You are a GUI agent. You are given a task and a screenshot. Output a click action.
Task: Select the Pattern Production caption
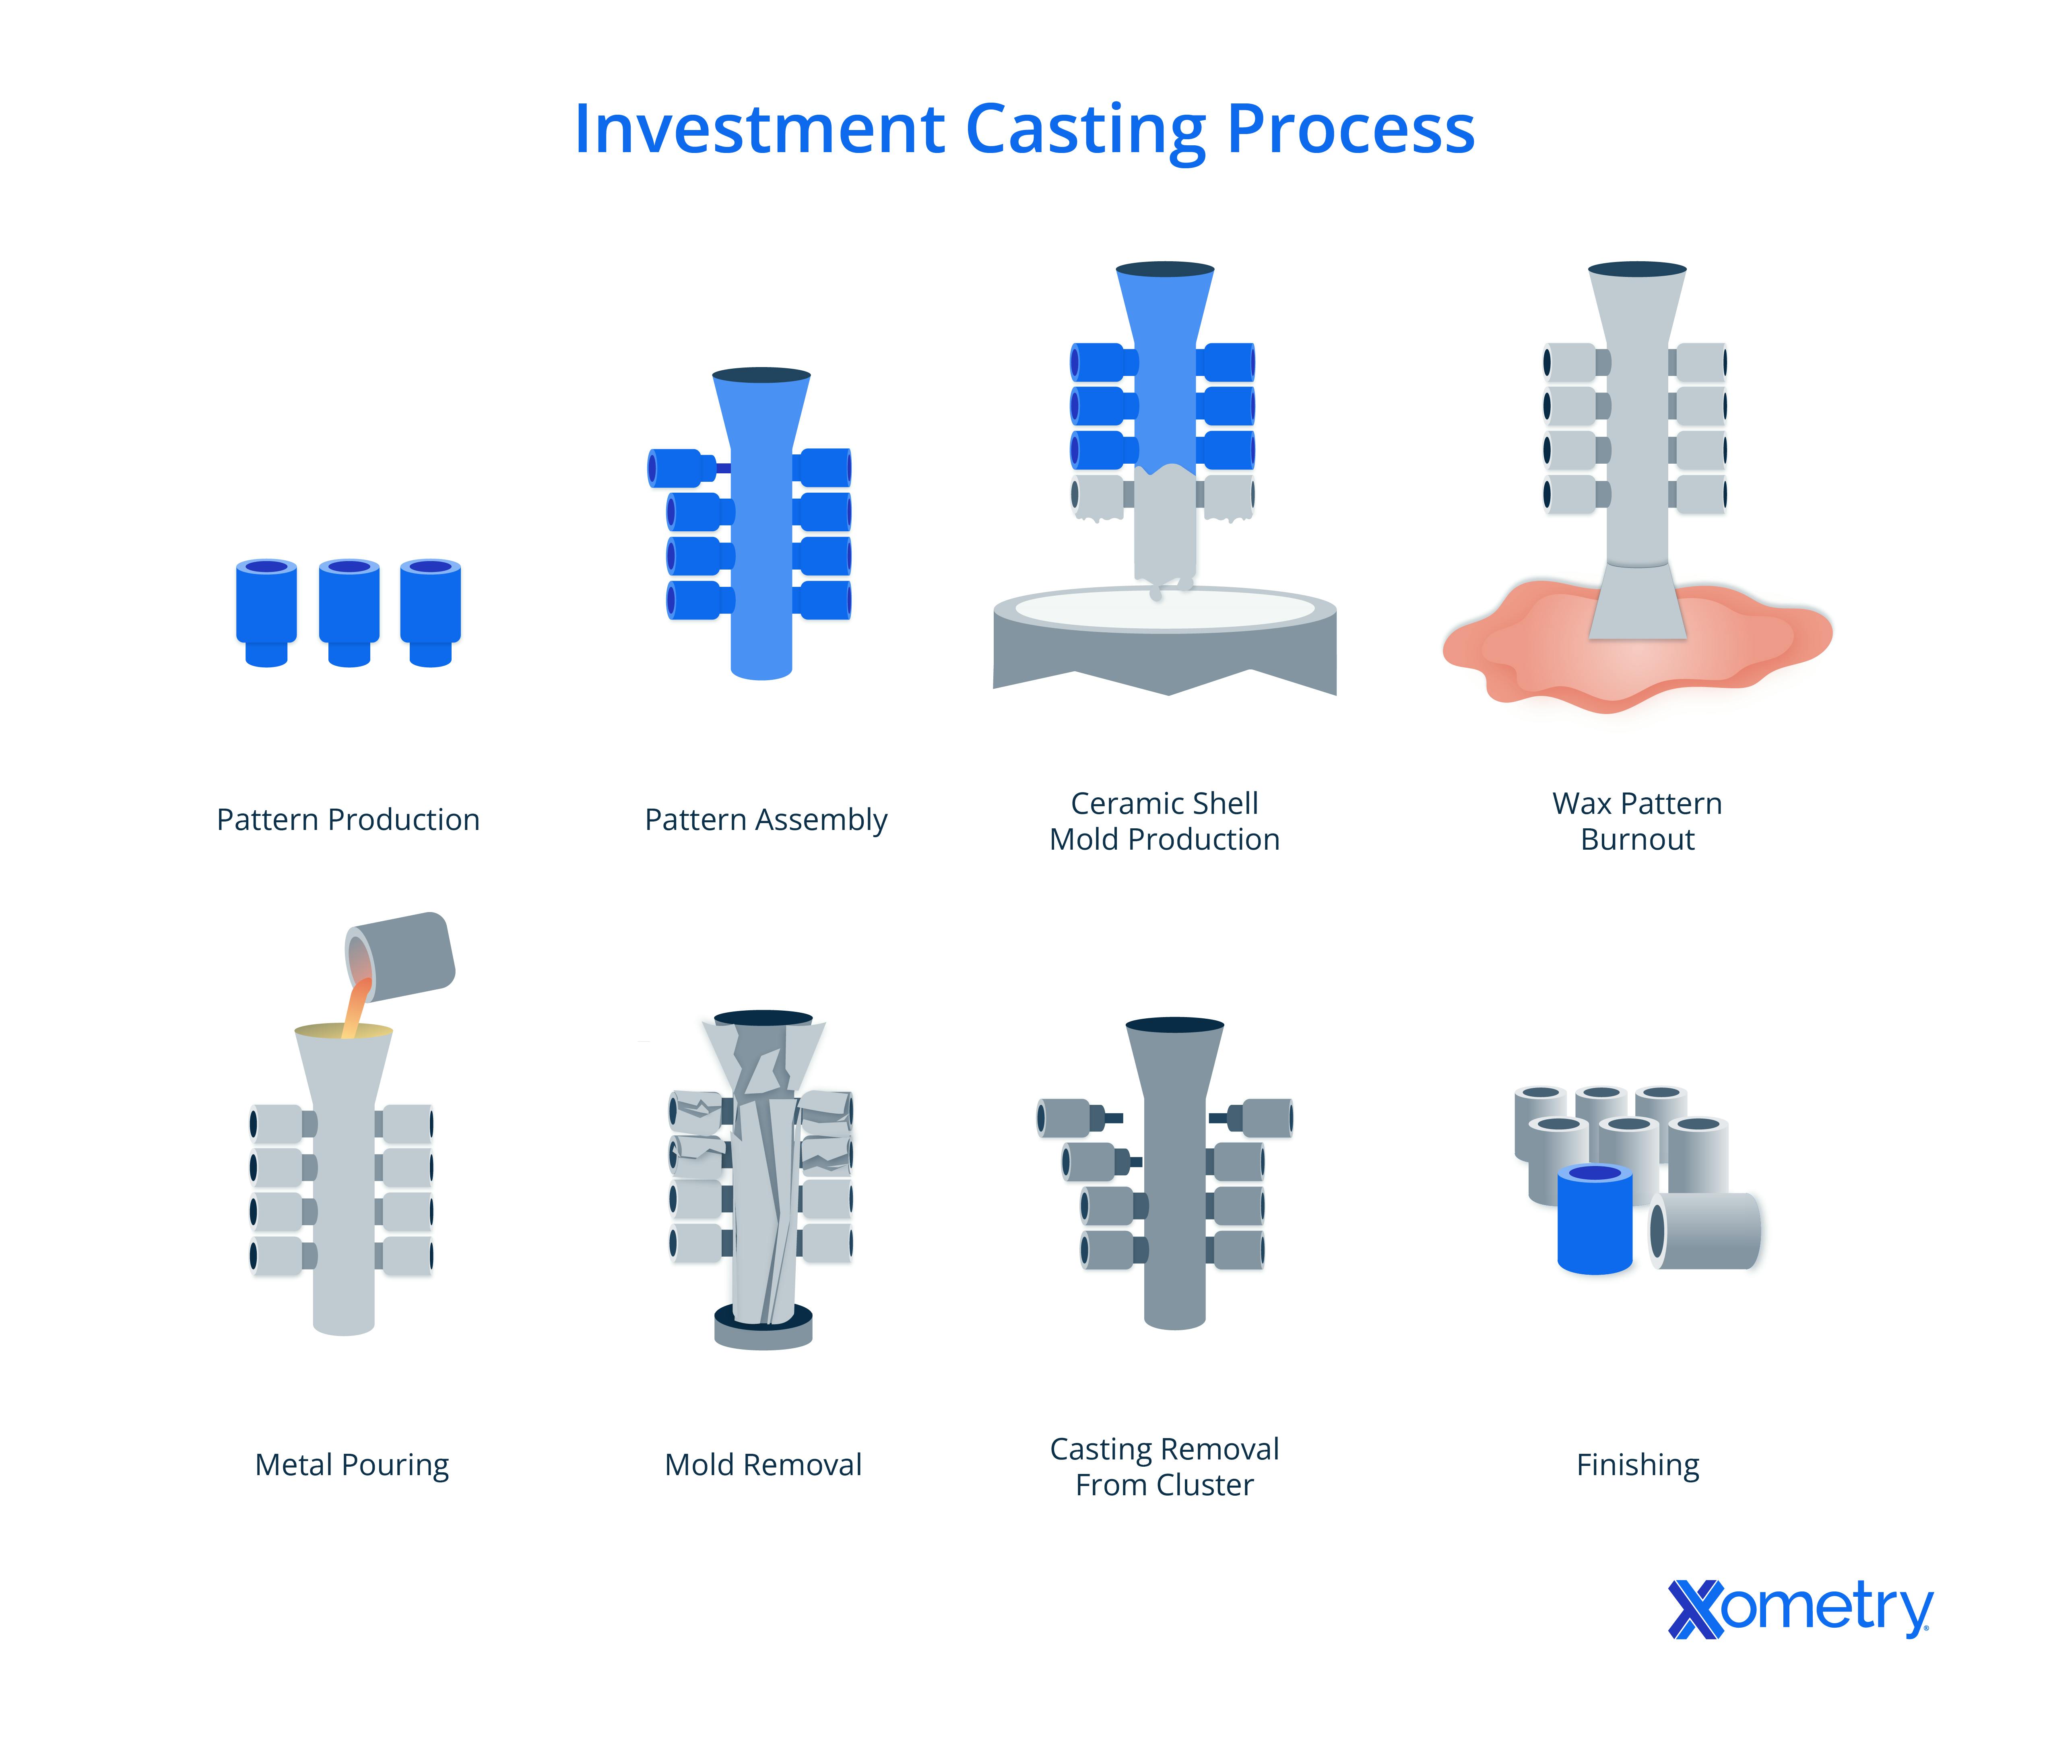[x=348, y=819]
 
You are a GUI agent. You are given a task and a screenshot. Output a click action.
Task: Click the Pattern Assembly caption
[x=765, y=819]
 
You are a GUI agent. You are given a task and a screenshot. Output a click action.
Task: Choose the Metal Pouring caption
[x=351, y=1465]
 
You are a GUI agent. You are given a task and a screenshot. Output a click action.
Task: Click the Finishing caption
[x=1637, y=1465]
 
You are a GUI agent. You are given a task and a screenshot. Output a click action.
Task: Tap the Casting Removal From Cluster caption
[x=1164, y=1466]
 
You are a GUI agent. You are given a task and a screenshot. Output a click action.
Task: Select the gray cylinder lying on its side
[x=1705, y=1230]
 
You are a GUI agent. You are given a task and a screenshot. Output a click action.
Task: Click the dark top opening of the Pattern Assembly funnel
[x=761, y=375]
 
